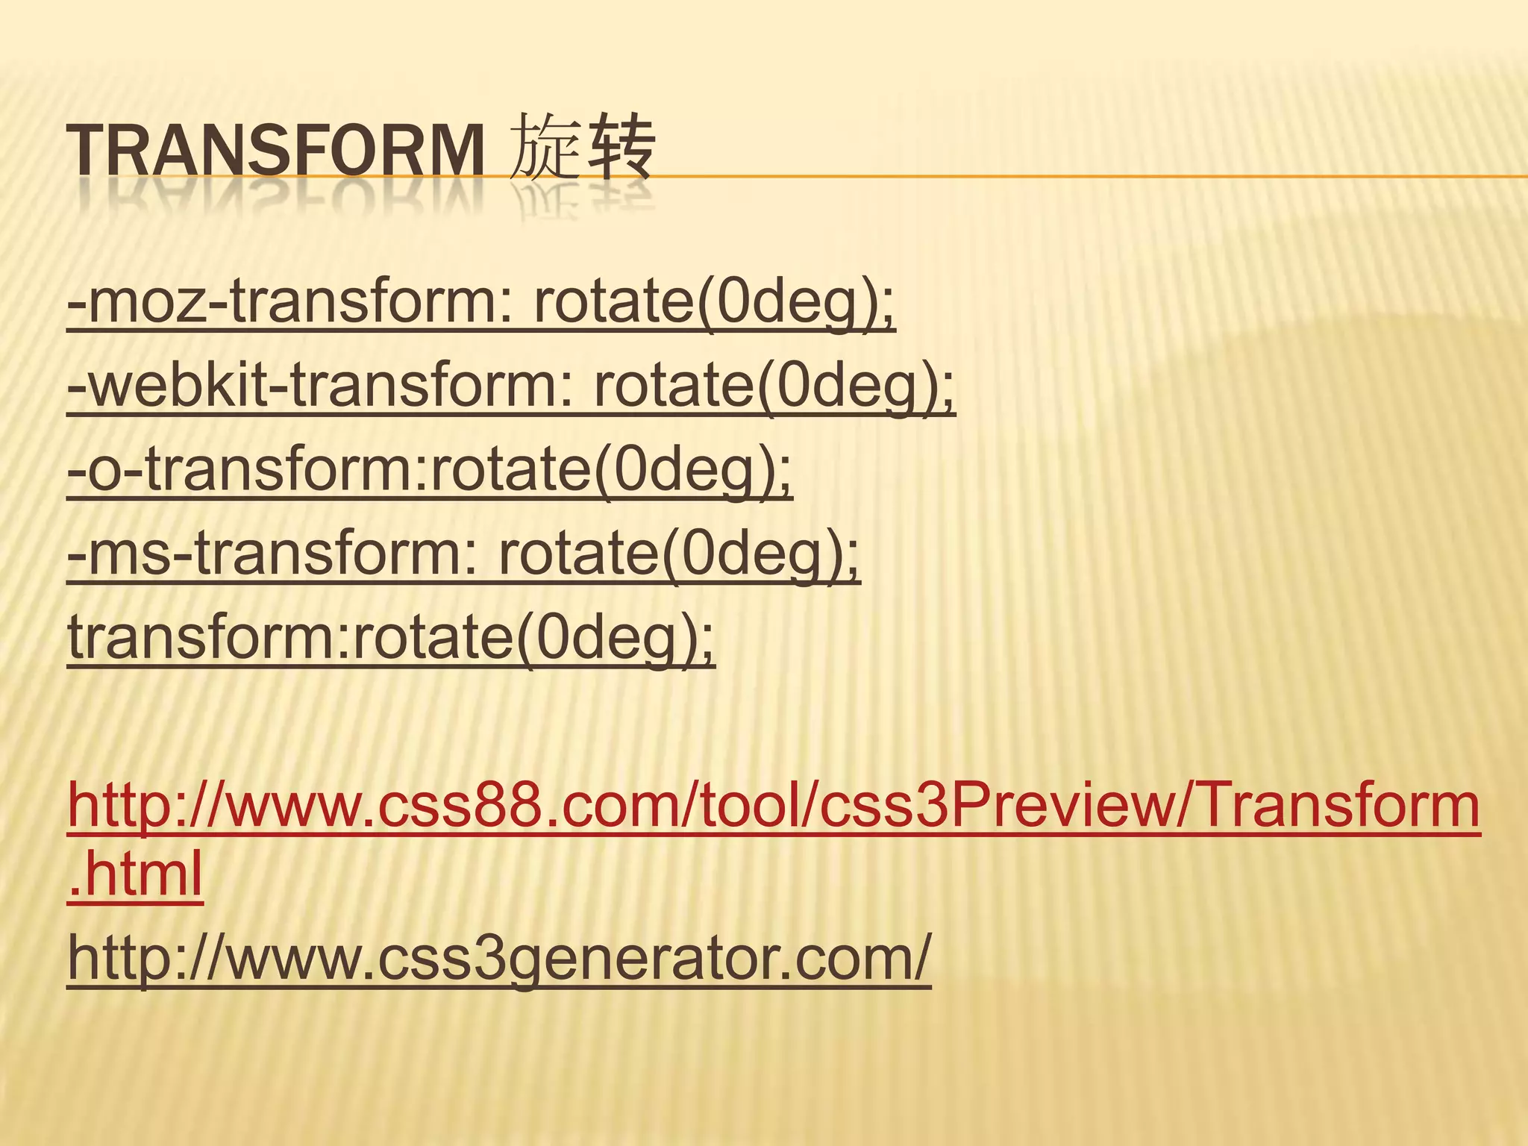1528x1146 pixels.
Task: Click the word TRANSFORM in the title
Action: coord(275,151)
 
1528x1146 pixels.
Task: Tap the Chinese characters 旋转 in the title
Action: coord(582,148)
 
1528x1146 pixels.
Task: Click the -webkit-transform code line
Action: coord(511,387)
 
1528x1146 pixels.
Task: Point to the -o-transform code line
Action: coord(430,472)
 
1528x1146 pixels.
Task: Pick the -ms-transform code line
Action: coord(463,556)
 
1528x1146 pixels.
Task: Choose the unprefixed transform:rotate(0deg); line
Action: coord(391,639)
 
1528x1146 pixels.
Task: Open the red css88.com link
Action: coord(773,807)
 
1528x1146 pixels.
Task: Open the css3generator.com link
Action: coord(499,959)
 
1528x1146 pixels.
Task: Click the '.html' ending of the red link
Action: coord(135,874)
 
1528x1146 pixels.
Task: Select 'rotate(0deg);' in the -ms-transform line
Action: coord(679,556)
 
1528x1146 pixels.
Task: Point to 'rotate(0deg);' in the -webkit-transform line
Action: coord(774,387)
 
